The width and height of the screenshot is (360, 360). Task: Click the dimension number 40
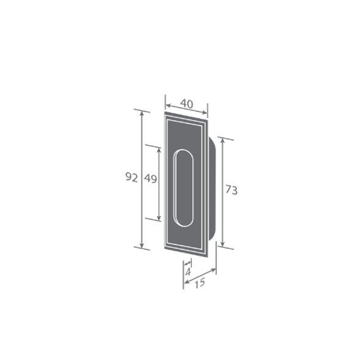187,104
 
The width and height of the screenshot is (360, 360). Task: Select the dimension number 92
132,178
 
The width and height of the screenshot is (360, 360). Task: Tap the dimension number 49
151,178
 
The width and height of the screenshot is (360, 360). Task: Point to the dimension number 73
231,190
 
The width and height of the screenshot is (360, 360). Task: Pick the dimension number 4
188,272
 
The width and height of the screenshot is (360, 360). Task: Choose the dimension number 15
200,283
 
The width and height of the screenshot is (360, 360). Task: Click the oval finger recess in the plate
184,188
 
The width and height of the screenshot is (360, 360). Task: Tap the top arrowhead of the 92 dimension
141,114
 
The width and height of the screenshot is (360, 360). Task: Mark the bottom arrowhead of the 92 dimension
141,245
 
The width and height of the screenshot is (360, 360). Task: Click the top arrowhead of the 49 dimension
159,151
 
